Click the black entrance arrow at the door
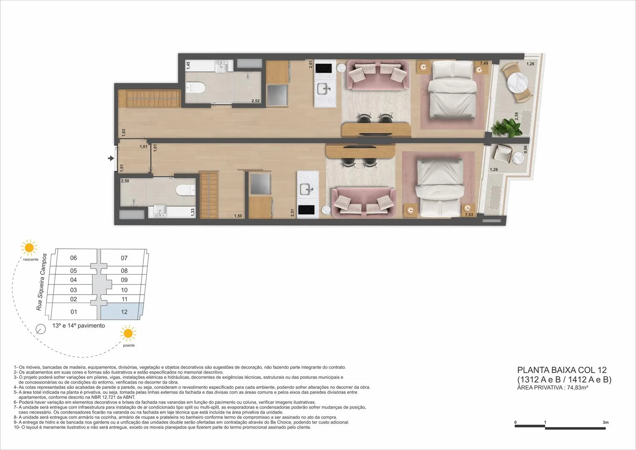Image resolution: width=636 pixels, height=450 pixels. [x=111, y=158]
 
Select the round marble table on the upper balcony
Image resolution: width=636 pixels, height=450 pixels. [x=517, y=82]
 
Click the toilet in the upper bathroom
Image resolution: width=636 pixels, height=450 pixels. [x=196, y=87]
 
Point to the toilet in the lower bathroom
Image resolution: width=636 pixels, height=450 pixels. [x=185, y=190]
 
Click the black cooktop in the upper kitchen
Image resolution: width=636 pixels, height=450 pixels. [x=324, y=68]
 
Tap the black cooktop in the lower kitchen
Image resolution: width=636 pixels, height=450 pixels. [x=307, y=210]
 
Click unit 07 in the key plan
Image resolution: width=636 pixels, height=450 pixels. [x=124, y=258]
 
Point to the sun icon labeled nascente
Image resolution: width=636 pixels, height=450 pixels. [x=29, y=248]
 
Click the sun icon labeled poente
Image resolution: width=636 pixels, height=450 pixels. [x=128, y=333]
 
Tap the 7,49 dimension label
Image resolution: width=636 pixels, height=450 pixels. [x=484, y=63]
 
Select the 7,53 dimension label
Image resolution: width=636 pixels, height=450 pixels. [x=469, y=215]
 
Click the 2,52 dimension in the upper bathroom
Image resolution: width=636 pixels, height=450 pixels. [x=256, y=101]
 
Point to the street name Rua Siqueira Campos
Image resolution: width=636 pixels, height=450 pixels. [x=42, y=282]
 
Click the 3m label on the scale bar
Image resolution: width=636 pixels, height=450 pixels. [x=606, y=422]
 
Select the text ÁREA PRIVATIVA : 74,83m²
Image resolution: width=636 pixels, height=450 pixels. [x=553, y=387]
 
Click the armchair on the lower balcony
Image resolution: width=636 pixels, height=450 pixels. [x=502, y=153]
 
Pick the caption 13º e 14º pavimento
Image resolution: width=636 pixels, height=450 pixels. [x=79, y=325]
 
